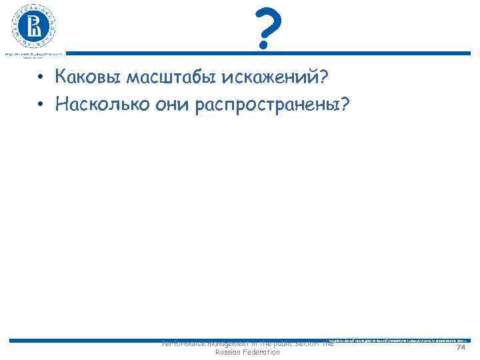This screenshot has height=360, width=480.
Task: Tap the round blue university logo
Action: tap(33, 26)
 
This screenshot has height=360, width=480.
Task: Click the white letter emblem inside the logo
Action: tap(33, 27)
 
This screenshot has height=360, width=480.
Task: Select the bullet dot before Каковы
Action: tap(41, 79)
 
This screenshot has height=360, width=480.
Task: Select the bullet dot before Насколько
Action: tap(41, 104)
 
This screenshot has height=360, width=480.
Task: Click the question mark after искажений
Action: tap(323, 78)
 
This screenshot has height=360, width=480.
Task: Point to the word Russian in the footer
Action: tap(229, 352)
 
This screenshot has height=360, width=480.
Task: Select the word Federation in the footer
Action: tap(262, 352)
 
